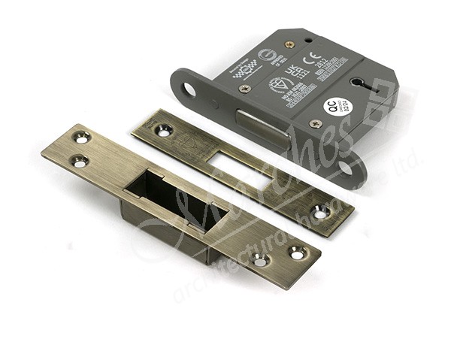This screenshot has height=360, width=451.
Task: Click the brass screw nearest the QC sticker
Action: click(316, 123)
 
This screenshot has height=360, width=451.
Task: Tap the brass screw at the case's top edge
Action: click(289, 44)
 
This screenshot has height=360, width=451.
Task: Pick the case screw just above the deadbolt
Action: click(245, 89)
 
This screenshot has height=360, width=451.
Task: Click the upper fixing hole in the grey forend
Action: click(189, 90)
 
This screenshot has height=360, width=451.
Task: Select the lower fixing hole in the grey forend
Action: click(346, 167)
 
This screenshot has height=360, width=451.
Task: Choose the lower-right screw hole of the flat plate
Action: click(321, 213)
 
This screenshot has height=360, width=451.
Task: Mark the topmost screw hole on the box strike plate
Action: click(81, 138)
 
